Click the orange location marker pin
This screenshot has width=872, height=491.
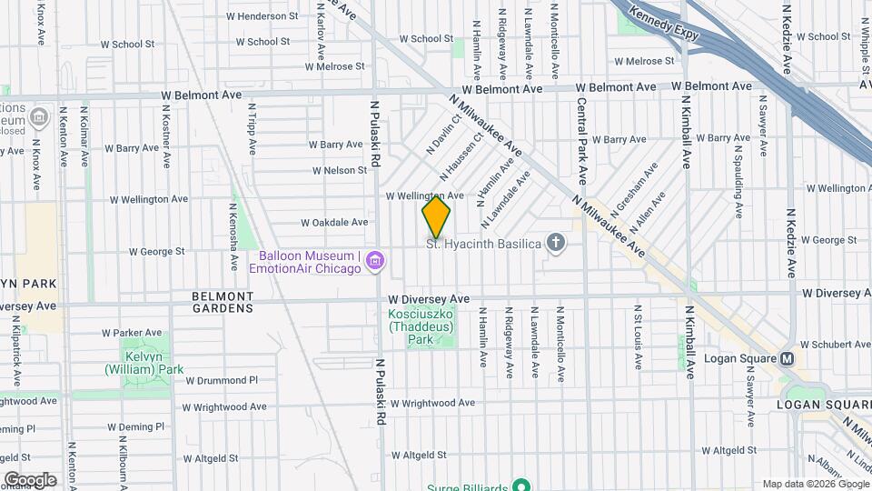pyautogui.click(x=436, y=217)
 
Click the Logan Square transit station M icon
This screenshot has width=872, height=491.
pyautogui.click(x=788, y=358)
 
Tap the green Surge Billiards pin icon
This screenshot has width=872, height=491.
pyautogui.click(x=520, y=485)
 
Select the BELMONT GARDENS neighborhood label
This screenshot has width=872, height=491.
pyautogui.click(x=223, y=302)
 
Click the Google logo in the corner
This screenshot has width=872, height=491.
pyautogui.click(x=30, y=479)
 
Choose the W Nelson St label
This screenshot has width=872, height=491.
pyautogui.click(x=339, y=170)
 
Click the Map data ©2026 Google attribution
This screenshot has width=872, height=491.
pyautogui.click(x=815, y=484)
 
